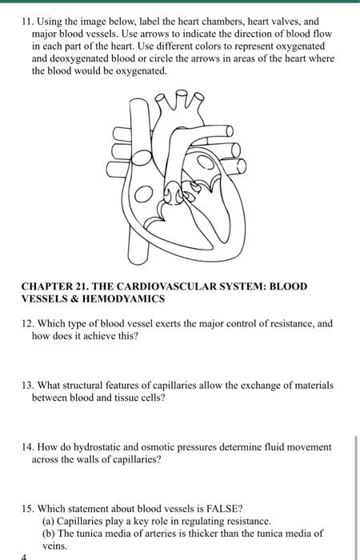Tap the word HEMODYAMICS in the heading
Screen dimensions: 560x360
tap(126, 298)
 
